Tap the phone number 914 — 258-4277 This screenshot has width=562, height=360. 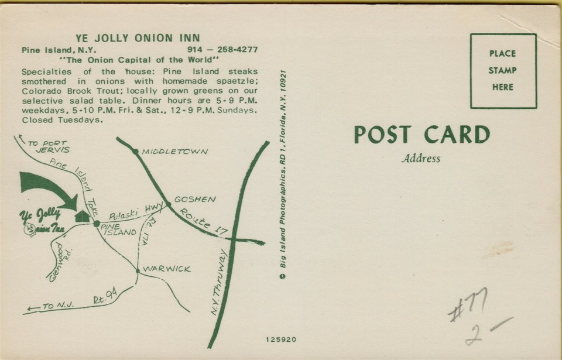[222, 50]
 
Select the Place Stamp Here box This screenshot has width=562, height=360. [503, 71]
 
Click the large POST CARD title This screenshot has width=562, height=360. [421, 135]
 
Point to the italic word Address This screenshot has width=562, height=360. [421, 159]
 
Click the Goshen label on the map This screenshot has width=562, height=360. [195, 199]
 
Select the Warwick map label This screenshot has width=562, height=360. [167, 269]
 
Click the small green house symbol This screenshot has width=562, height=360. [83, 216]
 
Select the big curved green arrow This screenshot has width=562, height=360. [49, 188]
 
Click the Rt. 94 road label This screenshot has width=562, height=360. [105, 296]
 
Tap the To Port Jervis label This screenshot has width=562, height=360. [47, 146]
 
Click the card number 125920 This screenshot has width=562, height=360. [281, 339]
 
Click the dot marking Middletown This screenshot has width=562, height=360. [135, 152]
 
